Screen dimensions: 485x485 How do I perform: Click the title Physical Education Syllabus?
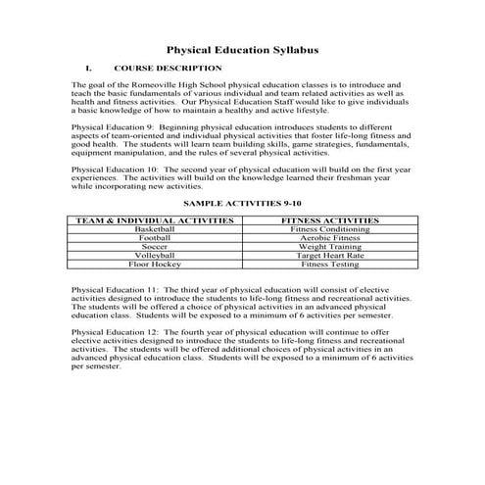point(241,49)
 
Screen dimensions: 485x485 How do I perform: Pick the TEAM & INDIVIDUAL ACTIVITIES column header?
point(155,220)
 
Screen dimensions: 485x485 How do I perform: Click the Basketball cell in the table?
point(155,229)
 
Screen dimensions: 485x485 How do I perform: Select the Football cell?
point(155,238)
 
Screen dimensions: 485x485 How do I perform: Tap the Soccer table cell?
point(155,247)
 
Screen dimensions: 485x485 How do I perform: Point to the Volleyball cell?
point(155,256)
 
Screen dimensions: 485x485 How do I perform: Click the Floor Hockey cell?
point(155,265)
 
